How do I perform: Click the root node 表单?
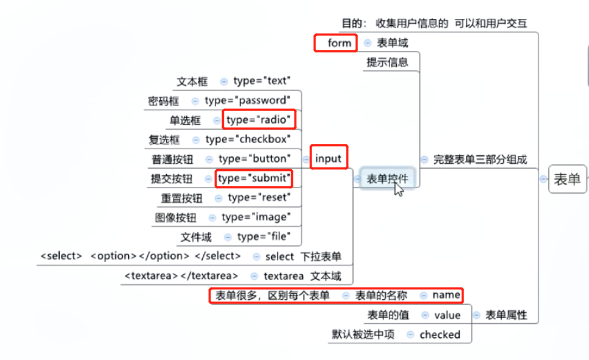coord(567,179)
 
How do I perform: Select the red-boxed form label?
coord(339,43)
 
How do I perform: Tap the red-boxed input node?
coord(328,159)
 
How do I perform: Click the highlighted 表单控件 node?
coord(387,178)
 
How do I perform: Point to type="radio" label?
coord(259,120)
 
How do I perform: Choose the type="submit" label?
coord(253,179)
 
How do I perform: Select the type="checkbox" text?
coord(247,139)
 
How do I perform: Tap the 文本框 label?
coord(192,81)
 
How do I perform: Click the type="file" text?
coord(263,237)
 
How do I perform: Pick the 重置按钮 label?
coord(182,198)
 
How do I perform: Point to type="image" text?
coord(255,217)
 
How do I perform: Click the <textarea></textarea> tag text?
coord(181,275)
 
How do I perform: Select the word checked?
coord(440,335)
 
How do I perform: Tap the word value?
coord(447,315)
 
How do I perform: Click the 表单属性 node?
coord(506,315)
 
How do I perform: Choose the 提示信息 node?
coord(387,62)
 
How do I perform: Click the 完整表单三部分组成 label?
coord(480,160)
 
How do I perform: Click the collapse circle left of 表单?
coord(543,179)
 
